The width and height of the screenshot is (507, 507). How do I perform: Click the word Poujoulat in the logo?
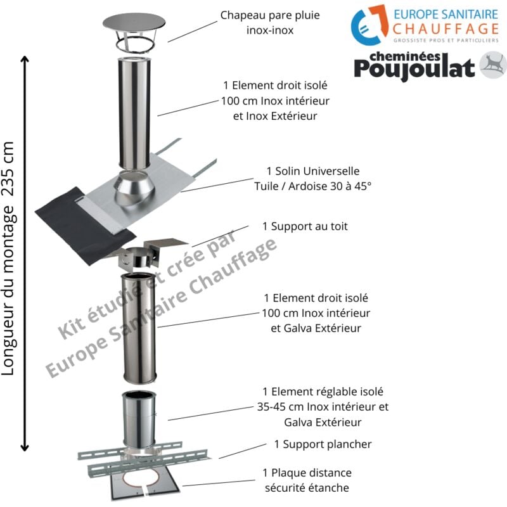[x=414, y=68]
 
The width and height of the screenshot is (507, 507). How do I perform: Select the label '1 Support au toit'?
[x=305, y=226]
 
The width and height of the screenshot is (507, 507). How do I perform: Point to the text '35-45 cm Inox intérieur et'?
[x=323, y=407]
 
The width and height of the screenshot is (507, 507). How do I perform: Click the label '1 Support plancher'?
[x=323, y=444]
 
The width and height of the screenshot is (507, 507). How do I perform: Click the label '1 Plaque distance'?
[x=307, y=473]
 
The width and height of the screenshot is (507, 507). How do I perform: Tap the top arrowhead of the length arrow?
[x=25, y=61]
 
